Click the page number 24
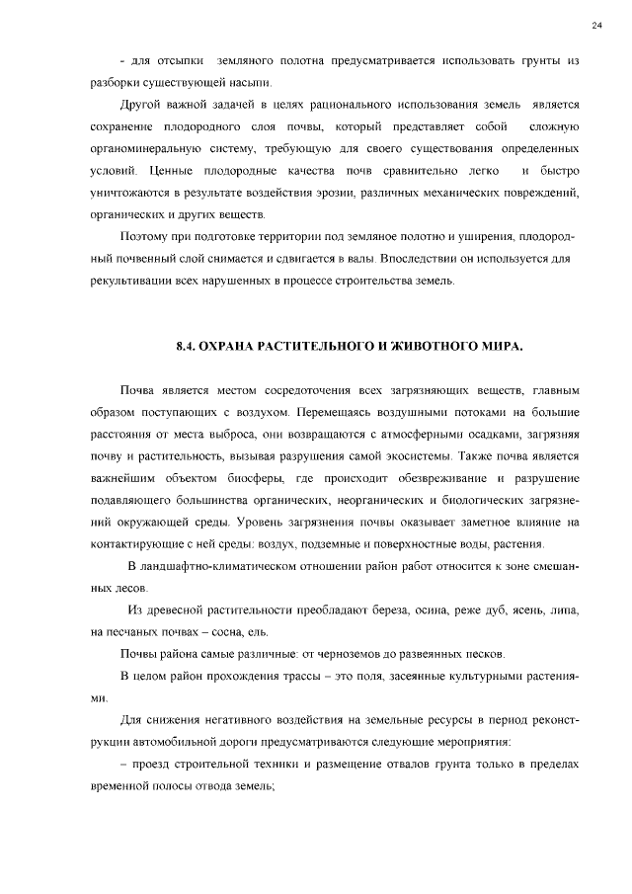597,25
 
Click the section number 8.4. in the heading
187,348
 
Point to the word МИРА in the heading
494,348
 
